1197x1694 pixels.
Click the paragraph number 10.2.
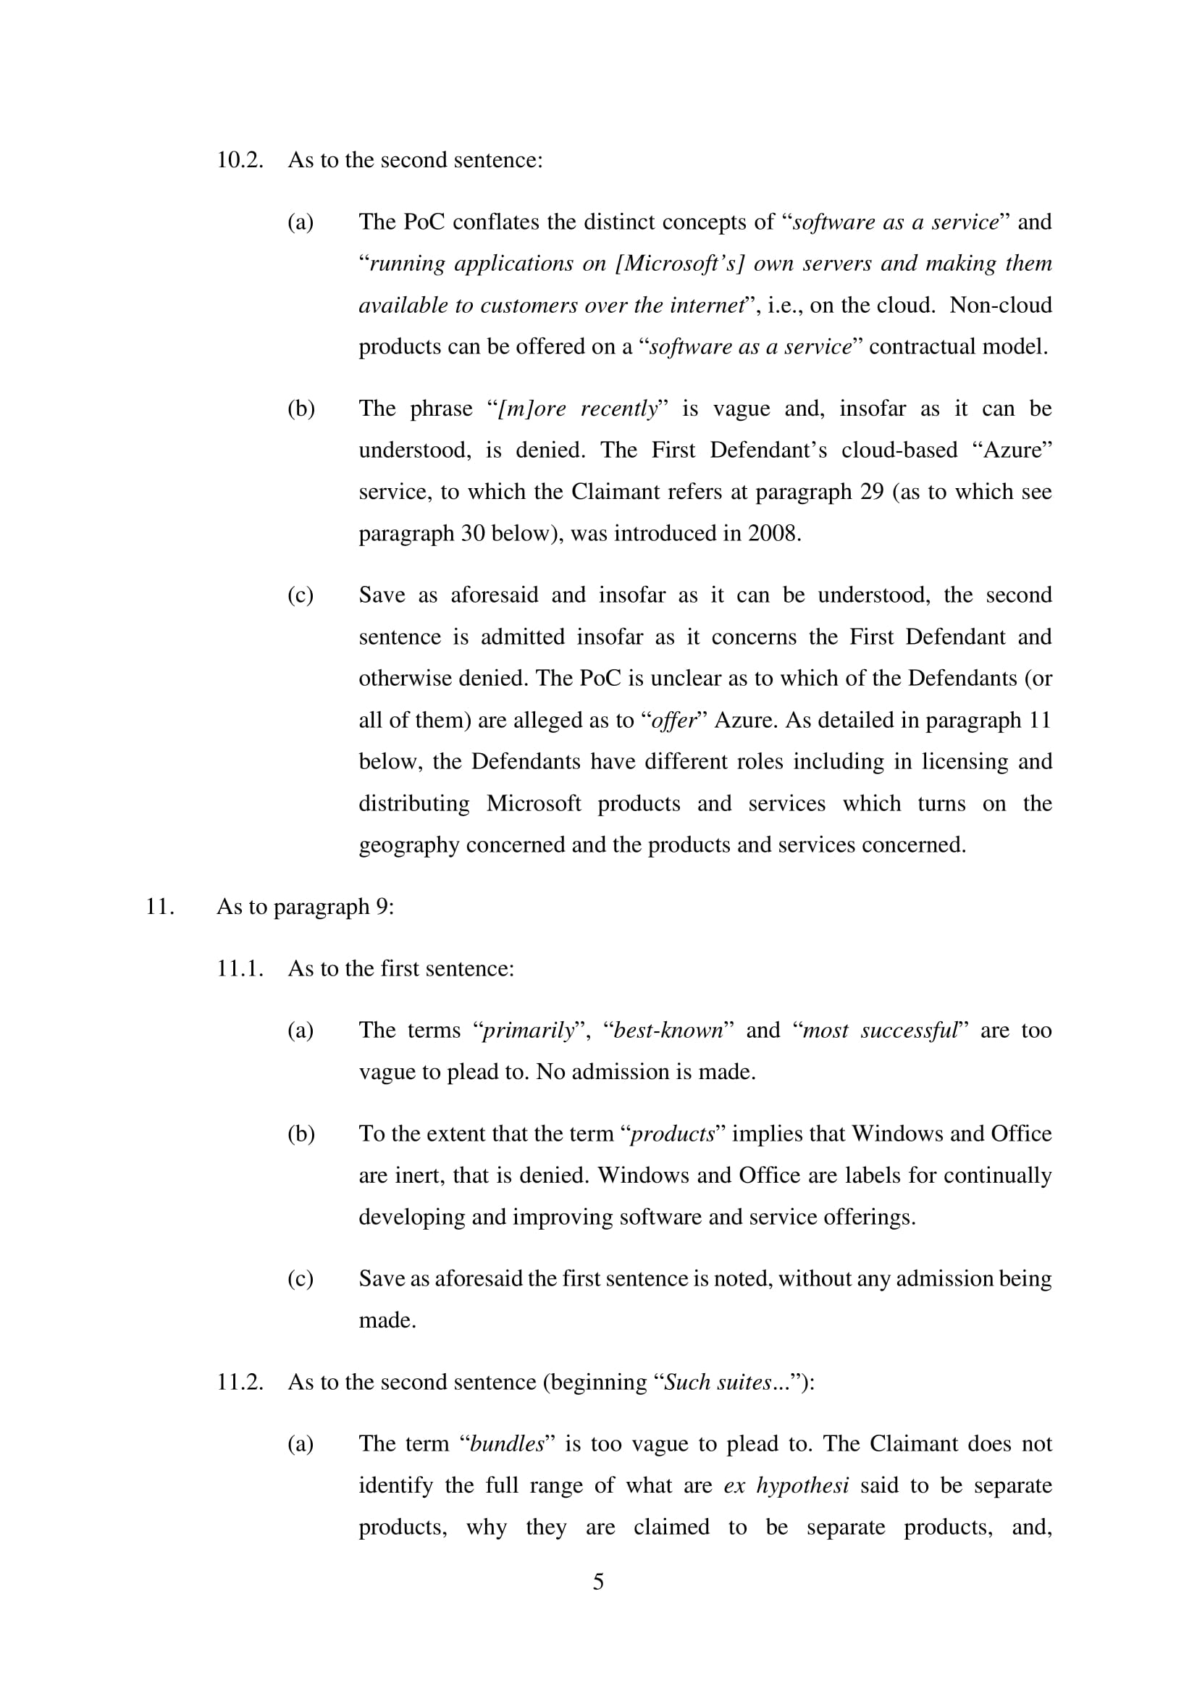point(240,160)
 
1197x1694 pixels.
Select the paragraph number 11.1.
point(240,968)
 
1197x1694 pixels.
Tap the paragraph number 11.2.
point(240,1382)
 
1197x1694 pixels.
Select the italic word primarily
point(527,1030)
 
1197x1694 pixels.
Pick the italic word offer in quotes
point(674,720)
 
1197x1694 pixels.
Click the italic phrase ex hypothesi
point(786,1485)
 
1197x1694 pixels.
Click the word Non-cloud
point(1000,305)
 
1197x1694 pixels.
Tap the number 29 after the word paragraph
point(872,491)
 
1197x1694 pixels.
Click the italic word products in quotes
point(672,1134)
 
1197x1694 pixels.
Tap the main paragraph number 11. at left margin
point(160,906)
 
